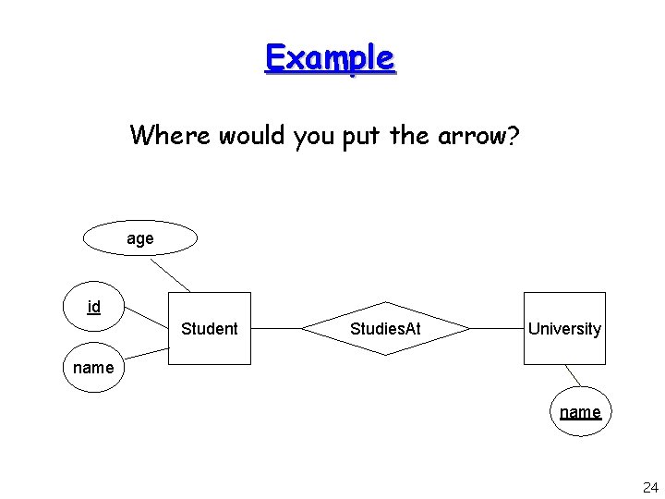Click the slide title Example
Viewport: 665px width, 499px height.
click(330, 57)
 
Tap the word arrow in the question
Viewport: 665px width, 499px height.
click(467, 137)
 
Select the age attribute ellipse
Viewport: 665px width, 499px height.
click(140, 238)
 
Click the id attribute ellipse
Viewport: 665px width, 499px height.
click(94, 307)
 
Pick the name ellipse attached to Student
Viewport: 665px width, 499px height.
click(93, 368)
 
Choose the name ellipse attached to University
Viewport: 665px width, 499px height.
click(580, 412)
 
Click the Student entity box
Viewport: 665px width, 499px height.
click(210, 329)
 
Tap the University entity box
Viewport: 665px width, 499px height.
click(564, 329)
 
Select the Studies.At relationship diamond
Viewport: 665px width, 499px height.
click(386, 329)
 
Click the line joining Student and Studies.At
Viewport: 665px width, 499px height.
click(276, 328)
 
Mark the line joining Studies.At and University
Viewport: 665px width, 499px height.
click(497, 328)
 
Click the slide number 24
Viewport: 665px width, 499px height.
click(649, 487)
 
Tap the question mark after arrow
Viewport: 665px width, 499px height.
click(512, 136)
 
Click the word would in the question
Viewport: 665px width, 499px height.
click(251, 136)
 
